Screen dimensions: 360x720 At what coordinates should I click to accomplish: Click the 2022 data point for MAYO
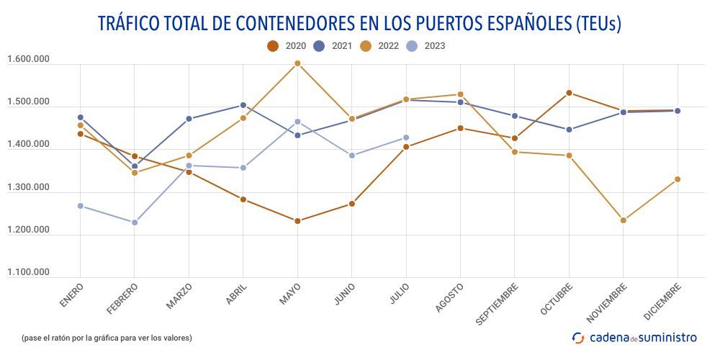click(297, 63)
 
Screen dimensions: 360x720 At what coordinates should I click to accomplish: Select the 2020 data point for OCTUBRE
click(569, 93)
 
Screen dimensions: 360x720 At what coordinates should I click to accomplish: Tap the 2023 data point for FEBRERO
click(135, 222)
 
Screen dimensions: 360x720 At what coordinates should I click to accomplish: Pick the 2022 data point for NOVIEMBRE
click(624, 220)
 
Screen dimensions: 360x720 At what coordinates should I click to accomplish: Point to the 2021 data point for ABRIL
click(243, 105)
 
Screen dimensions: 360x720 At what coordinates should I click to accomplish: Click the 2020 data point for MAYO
click(297, 221)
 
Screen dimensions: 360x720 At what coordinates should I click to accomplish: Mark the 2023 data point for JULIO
click(406, 138)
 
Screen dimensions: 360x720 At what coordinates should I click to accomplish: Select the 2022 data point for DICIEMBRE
click(678, 179)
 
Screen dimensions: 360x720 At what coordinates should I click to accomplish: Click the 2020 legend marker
click(273, 46)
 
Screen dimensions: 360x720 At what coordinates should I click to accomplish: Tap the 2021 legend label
click(342, 46)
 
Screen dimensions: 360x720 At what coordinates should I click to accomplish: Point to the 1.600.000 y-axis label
click(28, 60)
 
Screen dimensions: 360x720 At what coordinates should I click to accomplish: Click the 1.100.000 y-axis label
click(28, 272)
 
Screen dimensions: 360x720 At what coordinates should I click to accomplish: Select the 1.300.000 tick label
click(28, 187)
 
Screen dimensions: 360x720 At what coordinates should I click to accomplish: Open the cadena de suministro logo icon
click(578, 337)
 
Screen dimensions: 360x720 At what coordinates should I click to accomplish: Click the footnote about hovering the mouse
click(107, 338)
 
